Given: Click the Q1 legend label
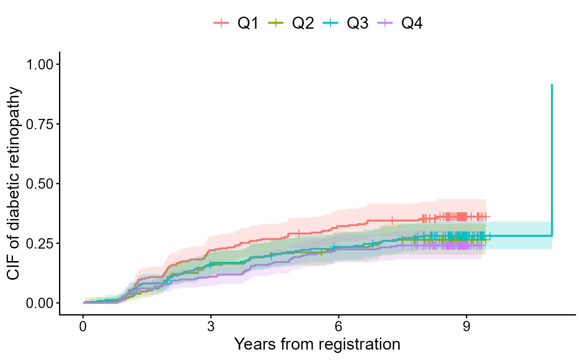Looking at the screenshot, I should click(248, 24).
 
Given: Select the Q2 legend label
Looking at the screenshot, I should click(303, 24).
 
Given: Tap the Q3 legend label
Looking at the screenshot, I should click(358, 24).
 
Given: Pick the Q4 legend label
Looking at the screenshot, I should click(412, 24).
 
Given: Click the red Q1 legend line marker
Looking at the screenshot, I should click(222, 24).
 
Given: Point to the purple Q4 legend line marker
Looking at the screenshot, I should click(386, 24).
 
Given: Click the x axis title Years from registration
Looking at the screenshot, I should click(317, 345).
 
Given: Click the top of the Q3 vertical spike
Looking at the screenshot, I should click(552, 85).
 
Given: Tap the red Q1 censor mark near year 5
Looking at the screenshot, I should click(299, 234).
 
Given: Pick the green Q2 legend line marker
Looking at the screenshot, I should click(276, 24).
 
